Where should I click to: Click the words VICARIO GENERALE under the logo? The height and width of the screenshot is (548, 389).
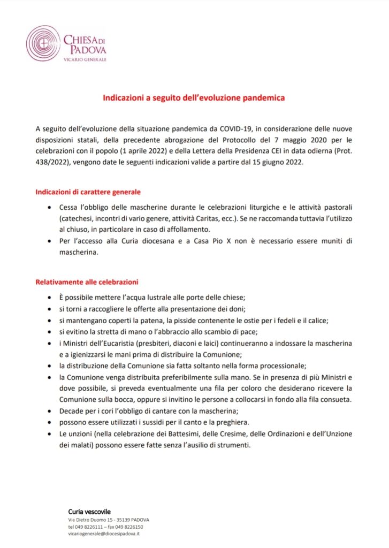(85, 59)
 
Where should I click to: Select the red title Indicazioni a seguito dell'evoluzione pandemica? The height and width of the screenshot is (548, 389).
(194, 98)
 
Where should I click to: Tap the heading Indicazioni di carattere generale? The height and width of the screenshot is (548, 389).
(88, 192)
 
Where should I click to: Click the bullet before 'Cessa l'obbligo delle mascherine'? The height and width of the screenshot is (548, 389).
(50, 207)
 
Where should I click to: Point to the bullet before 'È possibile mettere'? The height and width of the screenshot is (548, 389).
(50, 298)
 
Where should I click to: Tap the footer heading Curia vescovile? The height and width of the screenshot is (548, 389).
(89, 512)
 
